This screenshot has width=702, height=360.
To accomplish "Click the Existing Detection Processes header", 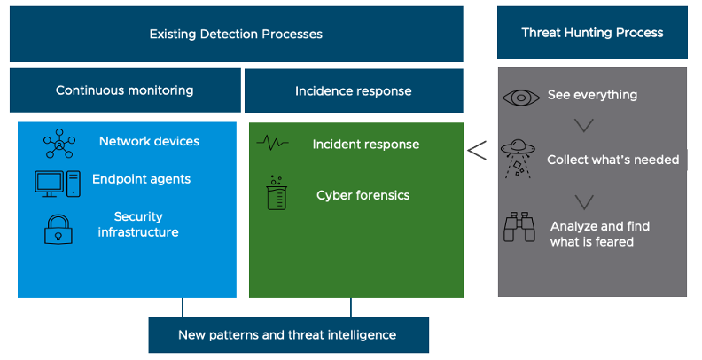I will [x=236, y=35].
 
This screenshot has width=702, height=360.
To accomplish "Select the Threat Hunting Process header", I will [x=592, y=33].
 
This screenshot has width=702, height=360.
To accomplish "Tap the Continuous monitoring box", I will [x=125, y=90].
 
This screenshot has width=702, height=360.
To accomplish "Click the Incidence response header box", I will [x=353, y=90].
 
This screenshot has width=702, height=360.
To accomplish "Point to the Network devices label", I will [x=149, y=141].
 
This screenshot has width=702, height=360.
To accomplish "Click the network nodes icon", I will [x=59, y=143].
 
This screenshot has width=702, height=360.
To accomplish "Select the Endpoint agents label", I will [x=141, y=179].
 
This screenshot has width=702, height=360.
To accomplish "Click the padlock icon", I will [x=58, y=227].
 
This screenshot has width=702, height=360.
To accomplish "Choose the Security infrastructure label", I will [x=137, y=224].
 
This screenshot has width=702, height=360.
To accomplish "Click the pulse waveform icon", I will [x=273, y=143].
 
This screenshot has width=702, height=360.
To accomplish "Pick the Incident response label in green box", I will [x=366, y=144].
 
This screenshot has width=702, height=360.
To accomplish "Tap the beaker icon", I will [x=274, y=192].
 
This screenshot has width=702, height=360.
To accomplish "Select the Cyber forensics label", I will [x=363, y=195].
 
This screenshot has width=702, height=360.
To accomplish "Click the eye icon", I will [x=520, y=96].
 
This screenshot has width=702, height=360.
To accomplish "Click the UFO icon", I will [x=519, y=157].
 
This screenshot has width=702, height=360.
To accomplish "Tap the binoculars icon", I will [x=519, y=229].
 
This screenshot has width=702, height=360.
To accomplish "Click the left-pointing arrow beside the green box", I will [x=477, y=150].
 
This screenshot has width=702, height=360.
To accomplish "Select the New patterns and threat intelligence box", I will [x=288, y=335].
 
